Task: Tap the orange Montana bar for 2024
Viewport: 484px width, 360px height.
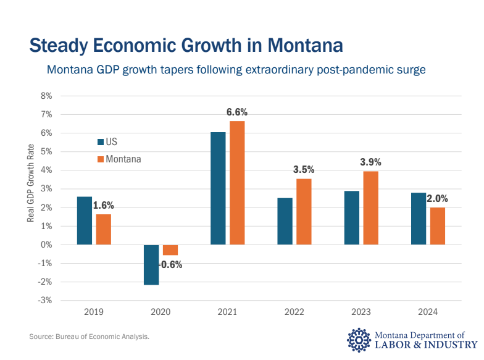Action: click(437, 225)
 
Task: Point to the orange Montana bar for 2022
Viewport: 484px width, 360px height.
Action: click(304, 211)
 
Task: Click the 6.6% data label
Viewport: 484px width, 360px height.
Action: click(237, 112)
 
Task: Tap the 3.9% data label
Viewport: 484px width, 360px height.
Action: click(370, 162)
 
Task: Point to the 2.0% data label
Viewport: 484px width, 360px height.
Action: click(437, 199)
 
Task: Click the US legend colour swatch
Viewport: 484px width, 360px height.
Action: click(101, 142)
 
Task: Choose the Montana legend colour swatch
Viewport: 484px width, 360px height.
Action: click(101, 159)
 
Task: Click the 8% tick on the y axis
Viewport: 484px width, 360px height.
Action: click(46, 96)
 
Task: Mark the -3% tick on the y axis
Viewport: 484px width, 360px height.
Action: click(46, 301)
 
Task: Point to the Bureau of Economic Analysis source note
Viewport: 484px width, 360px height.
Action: click(90, 337)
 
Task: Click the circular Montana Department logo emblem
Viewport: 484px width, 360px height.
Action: click(359, 339)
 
